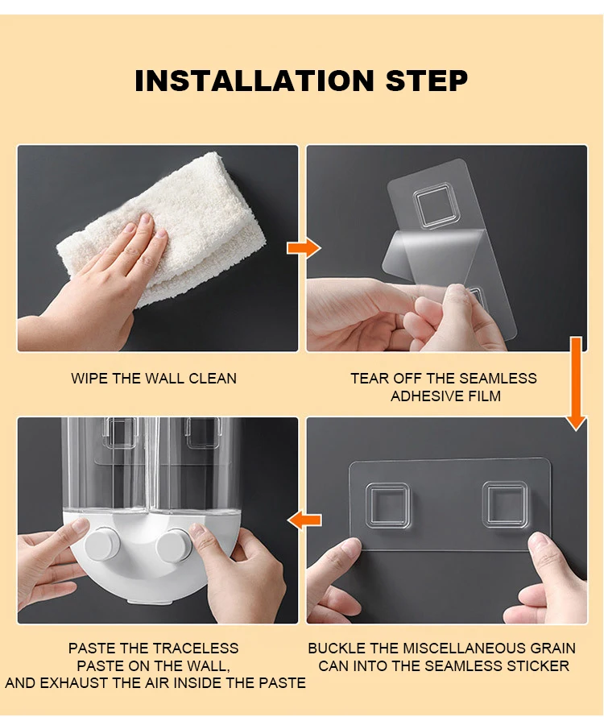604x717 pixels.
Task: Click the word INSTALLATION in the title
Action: point(254,81)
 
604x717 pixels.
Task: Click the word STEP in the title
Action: point(427,81)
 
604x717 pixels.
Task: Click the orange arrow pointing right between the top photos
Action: point(304,248)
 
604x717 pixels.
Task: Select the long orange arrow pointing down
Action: point(576,383)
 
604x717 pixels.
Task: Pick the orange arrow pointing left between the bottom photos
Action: point(304,520)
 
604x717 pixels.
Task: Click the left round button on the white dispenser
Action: point(101,544)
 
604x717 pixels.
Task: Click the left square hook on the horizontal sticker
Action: point(387,505)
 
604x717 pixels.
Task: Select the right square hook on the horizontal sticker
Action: point(505,504)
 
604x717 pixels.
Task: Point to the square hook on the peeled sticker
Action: point(433,205)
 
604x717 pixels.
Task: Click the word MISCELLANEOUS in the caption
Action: point(464,649)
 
